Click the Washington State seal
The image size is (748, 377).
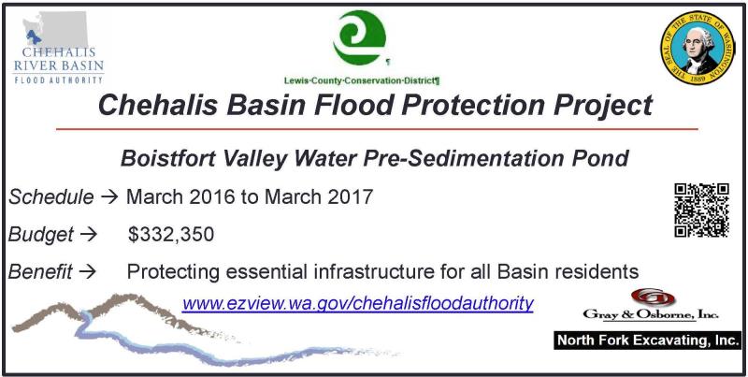point(697,48)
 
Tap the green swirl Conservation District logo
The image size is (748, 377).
point(360,37)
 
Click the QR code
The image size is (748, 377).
point(701,210)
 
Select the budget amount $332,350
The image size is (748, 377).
point(171,234)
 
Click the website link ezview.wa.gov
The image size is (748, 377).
point(357,303)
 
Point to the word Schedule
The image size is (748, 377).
point(51,196)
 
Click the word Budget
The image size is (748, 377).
point(41,234)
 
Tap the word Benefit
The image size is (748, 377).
point(40,271)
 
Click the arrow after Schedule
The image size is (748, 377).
point(109,197)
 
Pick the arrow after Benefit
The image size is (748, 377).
point(87,272)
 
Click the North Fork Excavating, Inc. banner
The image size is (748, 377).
point(647,341)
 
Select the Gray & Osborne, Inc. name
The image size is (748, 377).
point(651,314)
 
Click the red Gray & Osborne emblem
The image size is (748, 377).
point(653,297)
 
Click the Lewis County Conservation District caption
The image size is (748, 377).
point(362,80)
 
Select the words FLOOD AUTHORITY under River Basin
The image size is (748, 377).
point(59,80)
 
